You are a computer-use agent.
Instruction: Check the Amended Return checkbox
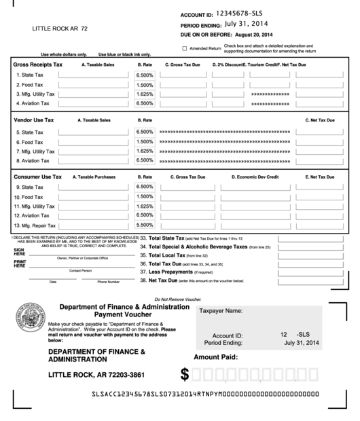tap(185, 48)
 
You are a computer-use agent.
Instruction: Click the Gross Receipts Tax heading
tap(38, 64)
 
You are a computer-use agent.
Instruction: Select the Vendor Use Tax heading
tap(34, 120)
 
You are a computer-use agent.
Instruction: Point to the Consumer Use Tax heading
tap(38, 177)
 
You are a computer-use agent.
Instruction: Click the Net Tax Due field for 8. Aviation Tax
tap(319, 161)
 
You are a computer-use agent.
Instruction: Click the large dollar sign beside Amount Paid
tap(185, 374)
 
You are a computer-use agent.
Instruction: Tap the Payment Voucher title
tap(124, 316)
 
